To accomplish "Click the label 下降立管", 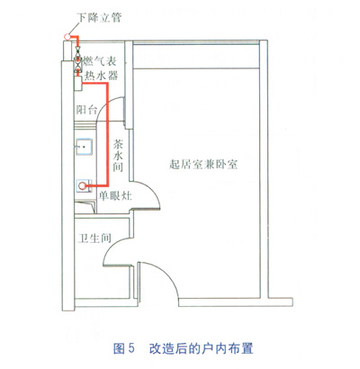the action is (x=99, y=17).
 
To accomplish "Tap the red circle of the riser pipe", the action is (x=67, y=37).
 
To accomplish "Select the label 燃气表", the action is (x=99, y=61).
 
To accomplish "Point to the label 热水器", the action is (x=101, y=76).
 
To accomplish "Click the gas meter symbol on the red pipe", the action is (x=78, y=63).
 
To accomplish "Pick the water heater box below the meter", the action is (x=78, y=84).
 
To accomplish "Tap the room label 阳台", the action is (x=86, y=110).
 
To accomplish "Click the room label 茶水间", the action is (x=118, y=156).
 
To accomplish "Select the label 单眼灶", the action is (x=115, y=196).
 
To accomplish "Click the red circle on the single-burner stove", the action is (x=82, y=186).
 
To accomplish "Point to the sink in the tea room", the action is (x=84, y=147).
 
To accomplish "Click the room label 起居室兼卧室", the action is (x=203, y=165).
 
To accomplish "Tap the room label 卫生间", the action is (x=94, y=238).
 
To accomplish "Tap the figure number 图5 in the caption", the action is (x=124, y=348).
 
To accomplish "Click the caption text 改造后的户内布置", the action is (x=201, y=348).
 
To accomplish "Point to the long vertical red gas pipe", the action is (x=107, y=135).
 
